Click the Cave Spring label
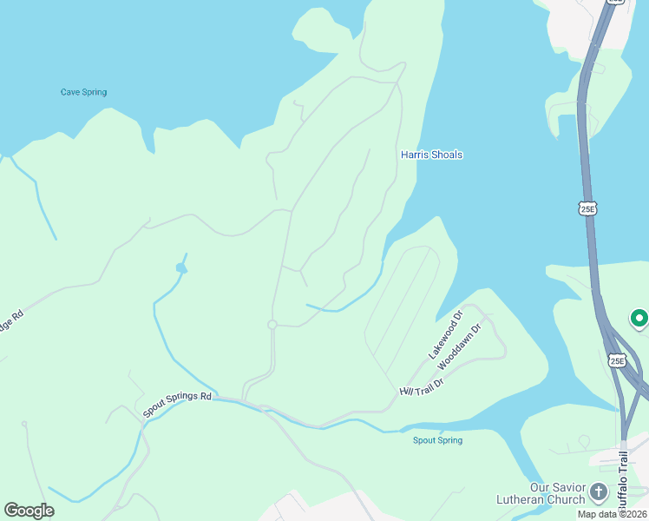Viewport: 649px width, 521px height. tap(83, 92)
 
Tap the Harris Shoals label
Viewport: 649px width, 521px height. tap(431, 155)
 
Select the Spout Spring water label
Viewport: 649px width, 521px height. tap(437, 440)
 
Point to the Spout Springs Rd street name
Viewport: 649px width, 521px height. tap(177, 404)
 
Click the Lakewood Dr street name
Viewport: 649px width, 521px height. tap(445, 335)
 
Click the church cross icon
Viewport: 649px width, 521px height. tap(598, 493)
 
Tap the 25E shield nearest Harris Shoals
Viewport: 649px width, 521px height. tap(587, 208)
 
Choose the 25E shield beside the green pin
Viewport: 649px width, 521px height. tap(616, 360)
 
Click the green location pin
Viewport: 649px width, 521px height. tap(639, 320)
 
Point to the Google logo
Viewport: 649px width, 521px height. tap(29, 511)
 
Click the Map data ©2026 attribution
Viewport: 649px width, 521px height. tap(612, 514)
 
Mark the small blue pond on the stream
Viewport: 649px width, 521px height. tap(181, 267)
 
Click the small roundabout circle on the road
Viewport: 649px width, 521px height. tap(272, 325)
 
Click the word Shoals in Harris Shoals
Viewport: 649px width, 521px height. tap(447, 155)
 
